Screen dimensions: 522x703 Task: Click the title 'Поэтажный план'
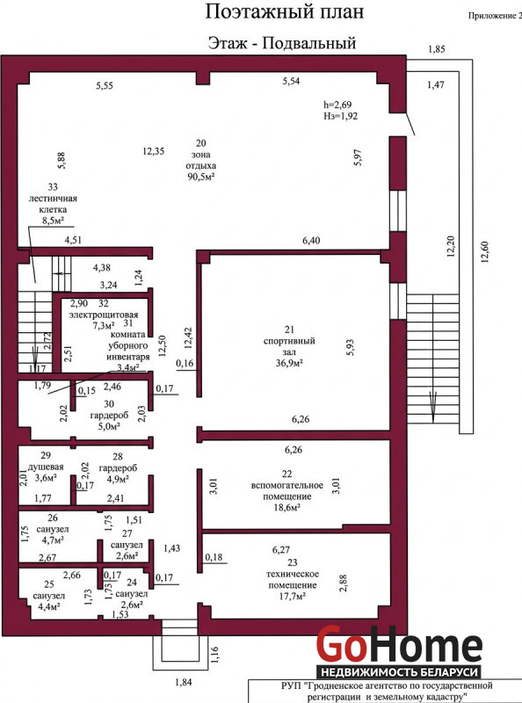(285, 12)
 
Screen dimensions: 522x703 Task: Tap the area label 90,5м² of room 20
(201, 177)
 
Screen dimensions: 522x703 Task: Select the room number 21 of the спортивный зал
(289, 330)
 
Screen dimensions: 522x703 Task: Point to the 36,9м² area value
(289, 363)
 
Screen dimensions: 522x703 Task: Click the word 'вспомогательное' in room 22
(287, 486)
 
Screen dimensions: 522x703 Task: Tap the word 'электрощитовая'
(103, 315)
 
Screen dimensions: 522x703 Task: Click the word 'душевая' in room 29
(46, 467)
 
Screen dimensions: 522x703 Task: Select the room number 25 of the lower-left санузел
(49, 584)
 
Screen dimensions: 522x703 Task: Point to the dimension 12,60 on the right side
(484, 251)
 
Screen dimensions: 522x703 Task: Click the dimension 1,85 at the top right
(437, 49)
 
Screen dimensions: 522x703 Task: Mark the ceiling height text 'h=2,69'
(337, 105)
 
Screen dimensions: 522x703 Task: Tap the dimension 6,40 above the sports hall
(311, 241)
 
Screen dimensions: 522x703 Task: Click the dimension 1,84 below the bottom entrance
(184, 683)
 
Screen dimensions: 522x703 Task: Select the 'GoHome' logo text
(399, 645)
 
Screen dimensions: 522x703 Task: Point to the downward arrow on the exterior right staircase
(432, 407)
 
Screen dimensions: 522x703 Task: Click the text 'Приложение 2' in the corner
(495, 16)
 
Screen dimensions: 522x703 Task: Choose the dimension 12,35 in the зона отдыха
(154, 151)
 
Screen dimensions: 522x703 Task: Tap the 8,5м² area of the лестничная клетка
(53, 221)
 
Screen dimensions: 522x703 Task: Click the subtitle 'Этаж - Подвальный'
(282, 43)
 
